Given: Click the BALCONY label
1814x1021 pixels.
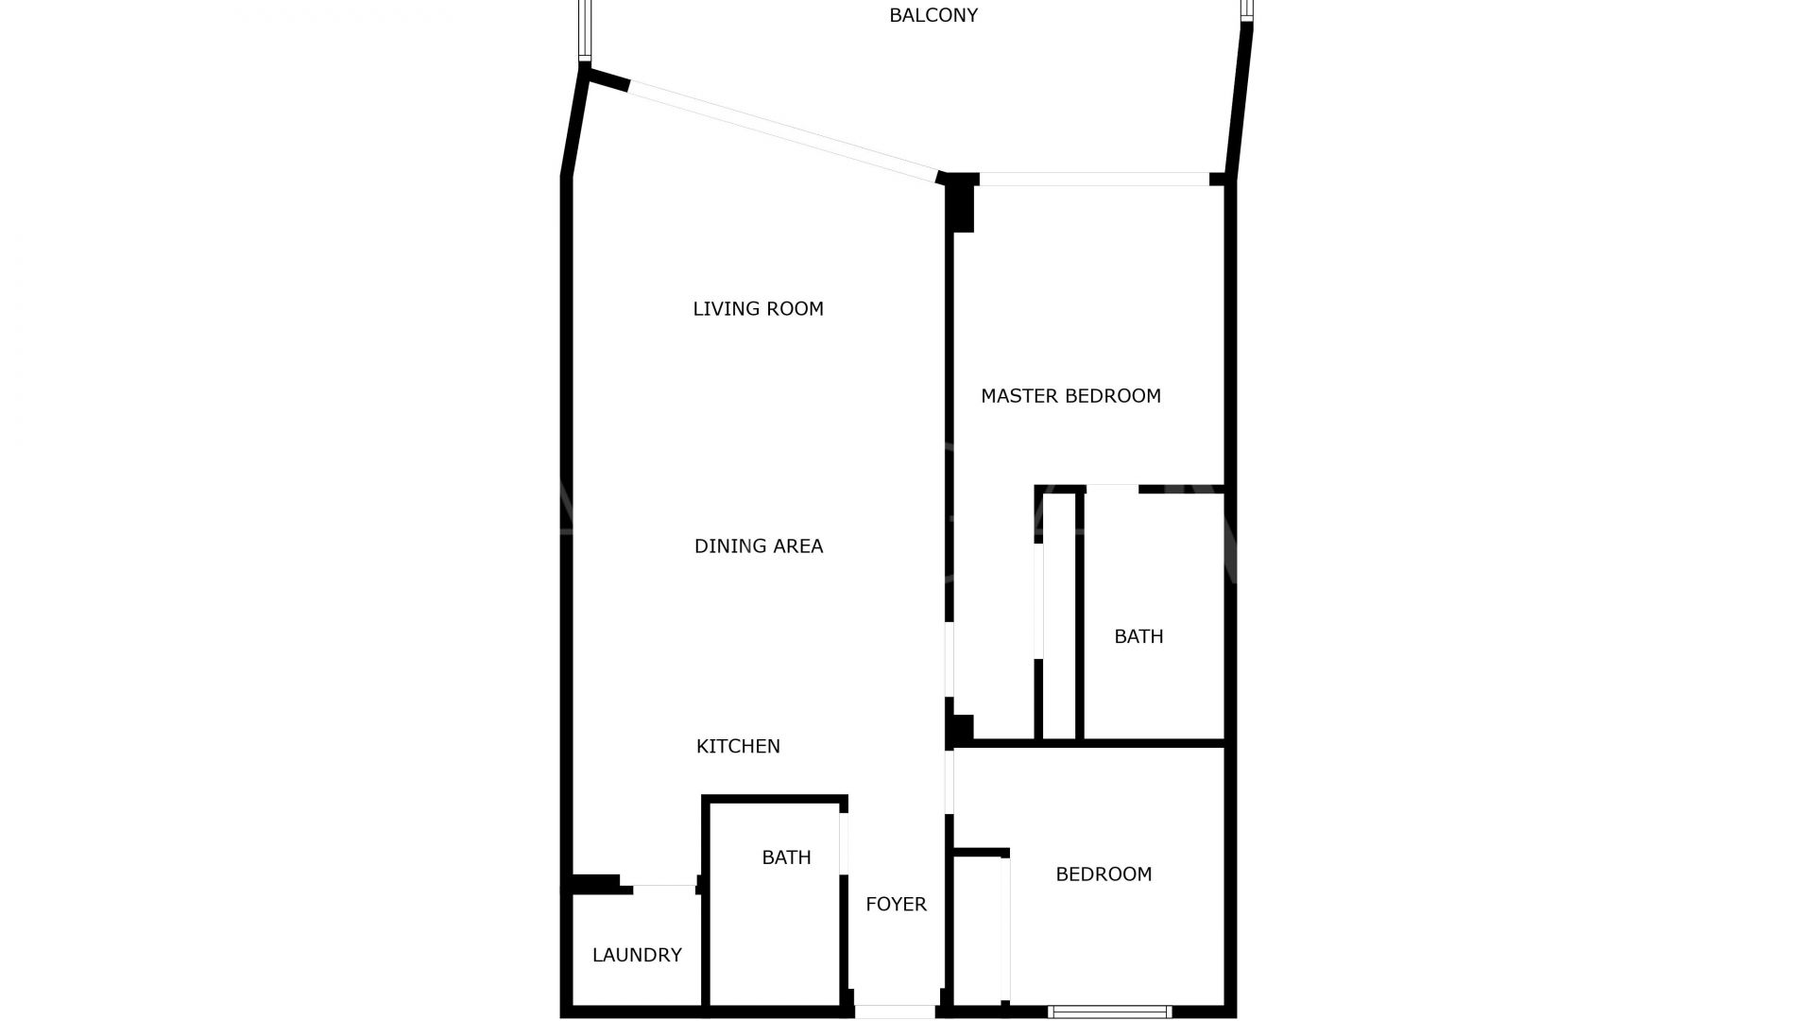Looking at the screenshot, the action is coord(933,15).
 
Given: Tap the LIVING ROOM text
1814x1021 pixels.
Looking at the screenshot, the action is coord(758,309).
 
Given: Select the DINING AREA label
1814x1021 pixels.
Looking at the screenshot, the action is coord(759,546).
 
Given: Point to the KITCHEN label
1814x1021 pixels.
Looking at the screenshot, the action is coord(738,746).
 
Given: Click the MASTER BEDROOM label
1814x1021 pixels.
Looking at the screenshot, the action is coord(1070,396).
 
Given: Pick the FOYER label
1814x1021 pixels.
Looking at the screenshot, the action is coord(896,905).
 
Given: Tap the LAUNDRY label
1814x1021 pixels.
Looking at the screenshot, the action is coord(637,955).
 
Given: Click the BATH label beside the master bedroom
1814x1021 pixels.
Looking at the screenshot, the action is coord(1138,636).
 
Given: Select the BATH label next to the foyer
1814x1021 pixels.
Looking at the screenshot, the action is coord(786,857).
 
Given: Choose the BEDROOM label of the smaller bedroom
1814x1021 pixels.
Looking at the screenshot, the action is coord(1104,874).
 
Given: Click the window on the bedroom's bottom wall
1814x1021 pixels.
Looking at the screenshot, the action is coord(1110,1012).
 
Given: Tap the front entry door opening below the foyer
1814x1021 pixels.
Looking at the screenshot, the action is coord(895,1012).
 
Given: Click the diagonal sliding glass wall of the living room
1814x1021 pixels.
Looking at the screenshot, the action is coord(782,130).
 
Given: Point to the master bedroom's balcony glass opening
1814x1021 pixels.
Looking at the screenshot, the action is coord(1094,180).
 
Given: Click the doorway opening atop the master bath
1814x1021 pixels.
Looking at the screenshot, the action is coord(1112,489).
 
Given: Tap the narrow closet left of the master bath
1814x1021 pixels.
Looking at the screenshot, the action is coord(1059,615).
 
